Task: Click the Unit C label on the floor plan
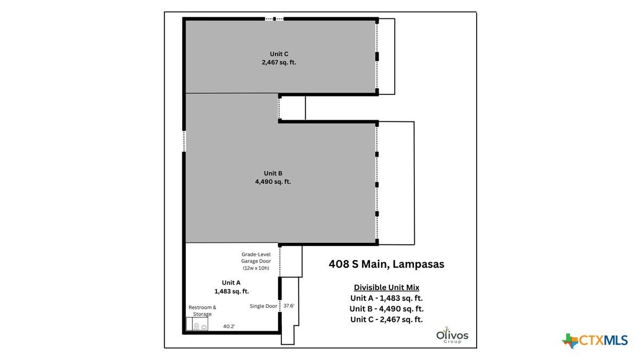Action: click(279, 54)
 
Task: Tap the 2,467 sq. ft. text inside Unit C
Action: click(279, 62)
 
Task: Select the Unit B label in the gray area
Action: click(273, 173)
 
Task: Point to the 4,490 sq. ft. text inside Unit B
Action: click(273, 182)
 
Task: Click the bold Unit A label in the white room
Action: click(231, 283)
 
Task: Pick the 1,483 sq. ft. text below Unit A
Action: click(232, 291)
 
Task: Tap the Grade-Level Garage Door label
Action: click(256, 258)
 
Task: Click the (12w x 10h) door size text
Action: click(256, 268)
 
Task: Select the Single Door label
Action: click(263, 306)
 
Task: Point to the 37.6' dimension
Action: click(289, 306)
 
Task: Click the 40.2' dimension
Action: click(229, 326)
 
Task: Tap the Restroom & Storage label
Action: click(202, 311)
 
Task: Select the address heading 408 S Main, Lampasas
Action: click(386, 264)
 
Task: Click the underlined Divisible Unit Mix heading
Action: click(386, 287)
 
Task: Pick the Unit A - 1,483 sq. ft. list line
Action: click(386, 298)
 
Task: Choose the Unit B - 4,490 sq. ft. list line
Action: click(386, 309)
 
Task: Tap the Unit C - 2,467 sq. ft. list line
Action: click(386, 319)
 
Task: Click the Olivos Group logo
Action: click(452, 335)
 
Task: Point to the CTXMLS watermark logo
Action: click(595, 340)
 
